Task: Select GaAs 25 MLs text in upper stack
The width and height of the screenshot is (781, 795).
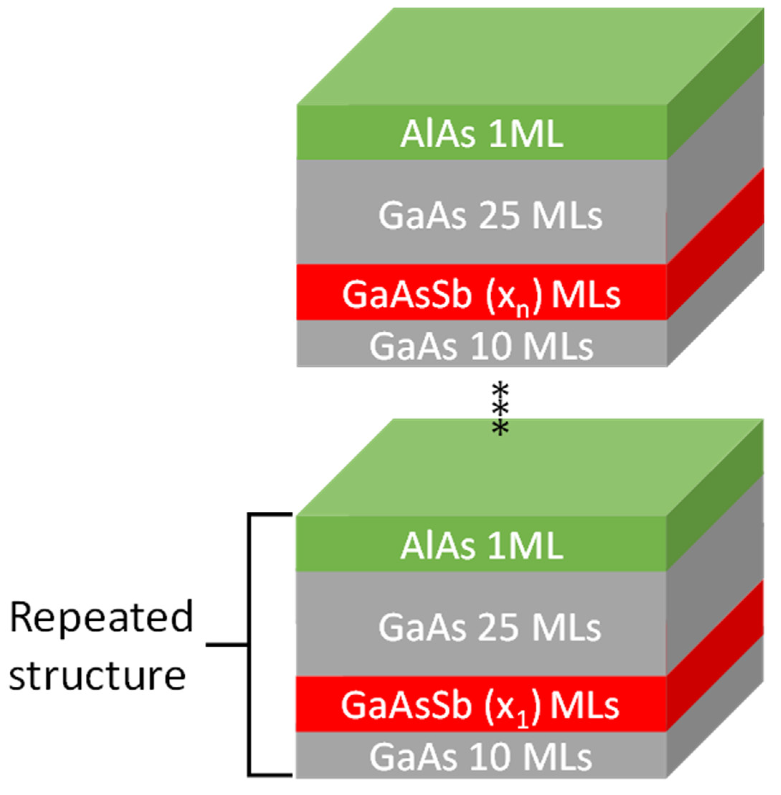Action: point(490,216)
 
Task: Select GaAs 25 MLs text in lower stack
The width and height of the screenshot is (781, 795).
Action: point(490,628)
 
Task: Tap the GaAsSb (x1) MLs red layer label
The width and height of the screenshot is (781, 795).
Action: point(480,706)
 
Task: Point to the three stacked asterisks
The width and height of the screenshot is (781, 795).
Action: point(501,408)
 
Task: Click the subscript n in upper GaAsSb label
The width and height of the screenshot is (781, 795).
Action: point(522,311)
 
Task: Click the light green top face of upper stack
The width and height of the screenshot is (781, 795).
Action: point(529,57)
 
